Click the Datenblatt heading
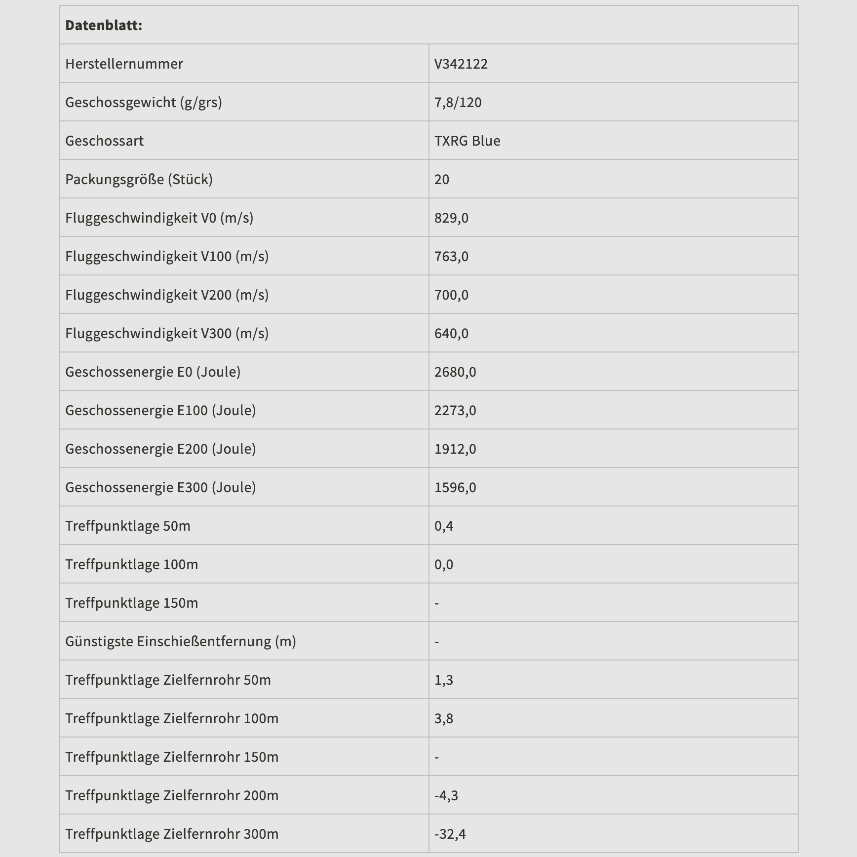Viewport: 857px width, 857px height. pyautogui.click(x=104, y=25)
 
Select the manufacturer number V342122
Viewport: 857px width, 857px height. pyautogui.click(x=461, y=64)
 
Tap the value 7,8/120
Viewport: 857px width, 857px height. pyautogui.click(x=458, y=102)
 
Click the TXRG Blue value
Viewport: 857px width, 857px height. pyautogui.click(x=467, y=141)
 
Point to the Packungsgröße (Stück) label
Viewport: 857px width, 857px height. pyautogui.click(x=139, y=179)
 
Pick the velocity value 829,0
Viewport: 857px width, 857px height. pyautogui.click(x=451, y=218)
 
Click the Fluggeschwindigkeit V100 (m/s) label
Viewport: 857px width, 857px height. pyautogui.click(x=167, y=256)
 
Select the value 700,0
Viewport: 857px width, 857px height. pyautogui.click(x=451, y=295)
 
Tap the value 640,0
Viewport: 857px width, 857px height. pyautogui.click(x=451, y=333)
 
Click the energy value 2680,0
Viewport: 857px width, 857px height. pyautogui.click(x=455, y=372)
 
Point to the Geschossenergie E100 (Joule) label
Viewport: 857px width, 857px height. pyautogui.click(x=160, y=410)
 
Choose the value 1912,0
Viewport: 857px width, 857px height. pyautogui.click(x=455, y=449)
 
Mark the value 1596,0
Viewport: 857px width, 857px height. pyautogui.click(x=455, y=487)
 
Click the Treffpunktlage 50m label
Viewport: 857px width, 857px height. pyautogui.click(x=128, y=526)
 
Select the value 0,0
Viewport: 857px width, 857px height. pyautogui.click(x=444, y=564)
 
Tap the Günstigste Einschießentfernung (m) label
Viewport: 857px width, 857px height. pyautogui.click(x=181, y=641)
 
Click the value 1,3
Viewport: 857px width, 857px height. pyautogui.click(x=444, y=680)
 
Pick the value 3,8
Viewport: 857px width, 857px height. pyautogui.click(x=444, y=718)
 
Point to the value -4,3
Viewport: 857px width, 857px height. pyautogui.click(x=446, y=795)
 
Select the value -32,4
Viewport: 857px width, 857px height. pyautogui.click(x=450, y=834)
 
